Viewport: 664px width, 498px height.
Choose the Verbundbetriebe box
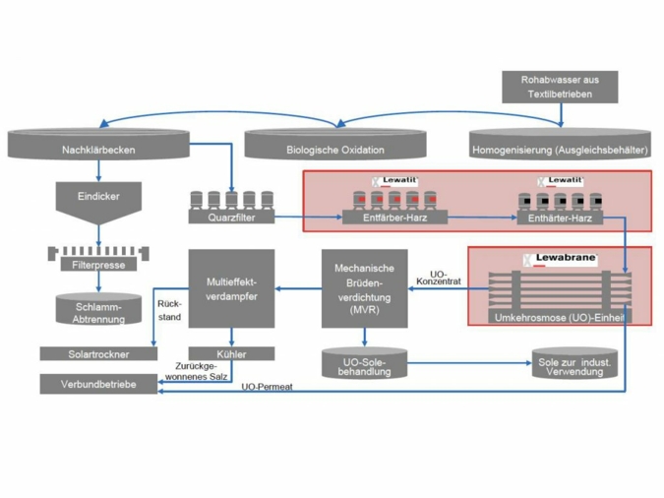[97, 385]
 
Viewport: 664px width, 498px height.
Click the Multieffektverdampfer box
[231, 288]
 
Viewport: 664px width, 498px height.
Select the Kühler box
[231, 353]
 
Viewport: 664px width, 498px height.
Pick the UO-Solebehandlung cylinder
[364, 364]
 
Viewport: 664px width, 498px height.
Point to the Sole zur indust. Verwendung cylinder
[573, 364]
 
